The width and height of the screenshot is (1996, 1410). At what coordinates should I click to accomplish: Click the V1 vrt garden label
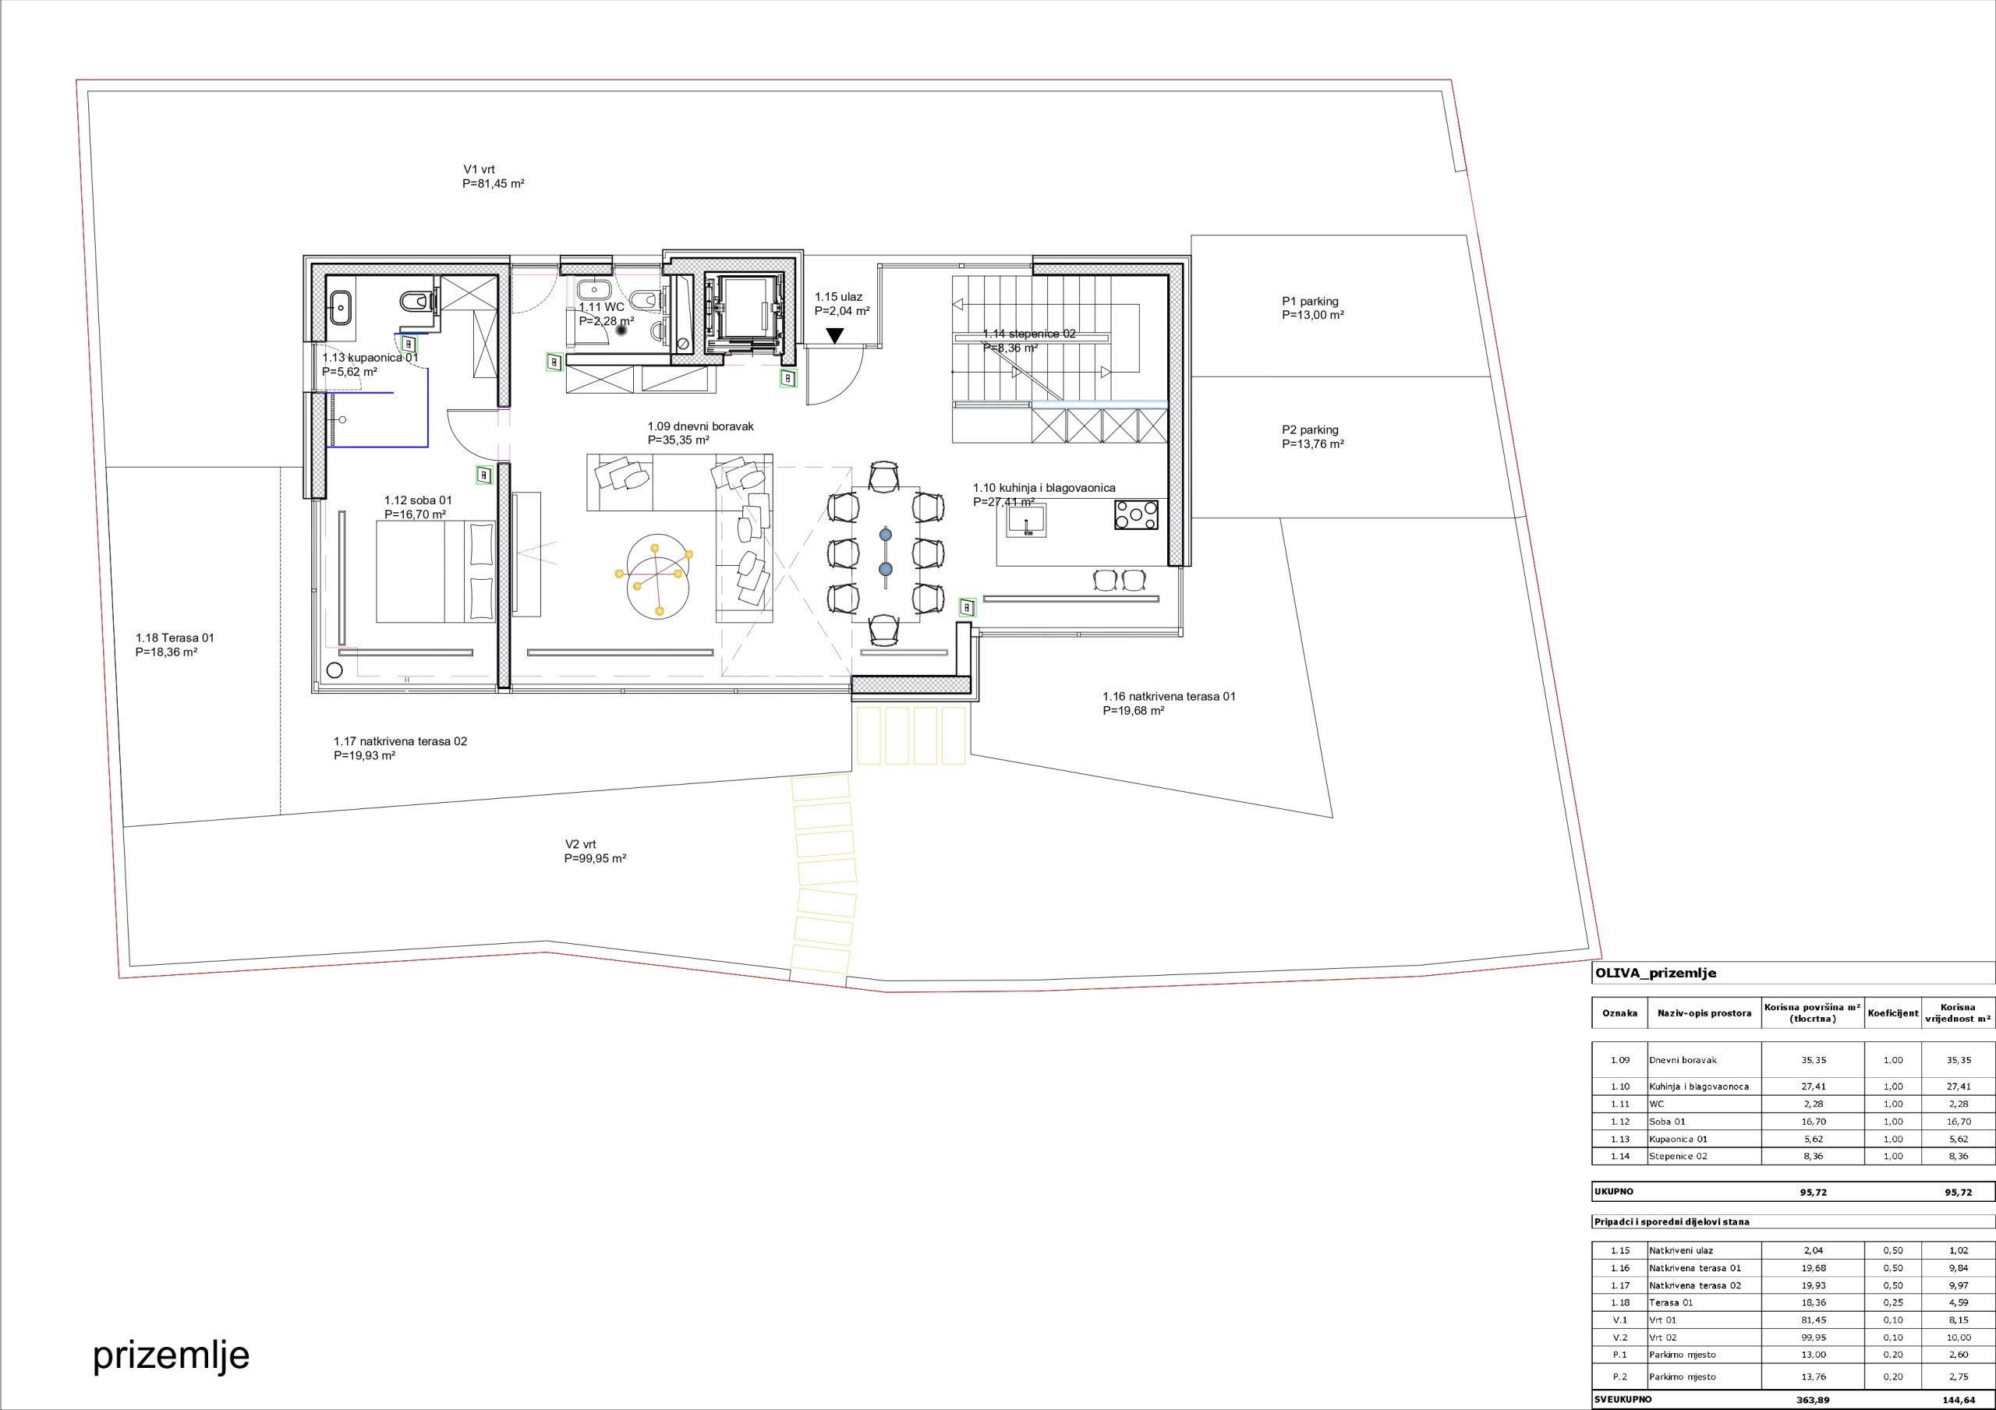[493, 176]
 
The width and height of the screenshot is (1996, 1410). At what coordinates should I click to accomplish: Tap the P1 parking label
[1313, 309]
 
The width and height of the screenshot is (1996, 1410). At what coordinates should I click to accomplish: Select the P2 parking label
[1313, 436]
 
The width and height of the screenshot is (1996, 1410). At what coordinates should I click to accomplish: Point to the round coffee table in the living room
[658, 575]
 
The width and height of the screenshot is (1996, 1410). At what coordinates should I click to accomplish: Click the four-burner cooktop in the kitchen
[1136, 514]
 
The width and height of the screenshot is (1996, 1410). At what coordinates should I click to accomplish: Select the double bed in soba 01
[436, 571]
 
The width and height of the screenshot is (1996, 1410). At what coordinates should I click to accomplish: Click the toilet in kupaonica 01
[416, 302]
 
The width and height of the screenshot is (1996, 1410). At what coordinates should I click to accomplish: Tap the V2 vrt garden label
[595, 851]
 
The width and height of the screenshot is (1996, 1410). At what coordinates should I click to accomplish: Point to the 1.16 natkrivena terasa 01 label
[1169, 703]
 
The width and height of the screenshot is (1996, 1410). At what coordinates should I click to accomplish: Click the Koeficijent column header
[1892, 1012]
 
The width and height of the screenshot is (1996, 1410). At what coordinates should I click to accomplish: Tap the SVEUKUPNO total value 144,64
[1958, 1400]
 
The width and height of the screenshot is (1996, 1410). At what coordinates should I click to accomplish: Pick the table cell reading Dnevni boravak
[1683, 1060]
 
